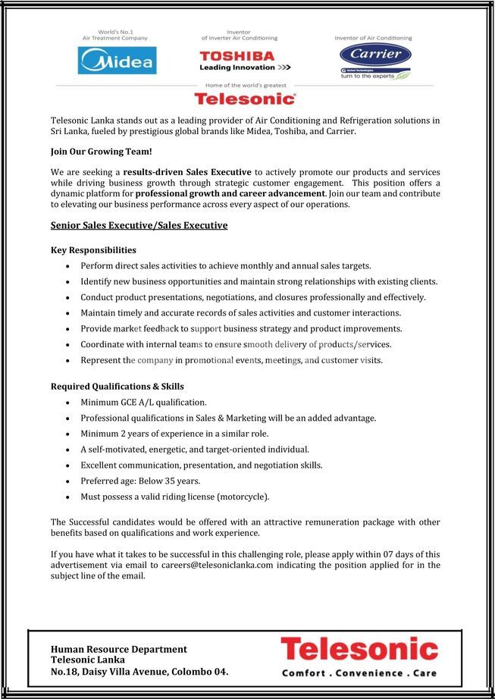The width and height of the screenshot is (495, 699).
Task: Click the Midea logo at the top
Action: pyautogui.click(x=117, y=61)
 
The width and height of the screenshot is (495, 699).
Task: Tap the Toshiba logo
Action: pyautogui.click(x=237, y=56)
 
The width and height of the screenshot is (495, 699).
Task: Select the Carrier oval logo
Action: pyautogui.click(x=375, y=55)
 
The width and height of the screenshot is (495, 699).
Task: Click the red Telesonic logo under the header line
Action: pyautogui.click(x=245, y=99)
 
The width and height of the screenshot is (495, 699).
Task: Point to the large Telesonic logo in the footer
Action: pyautogui.click(x=359, y=650)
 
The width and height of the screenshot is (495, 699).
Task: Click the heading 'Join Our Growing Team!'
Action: pyautogui.click(x=101, y=152)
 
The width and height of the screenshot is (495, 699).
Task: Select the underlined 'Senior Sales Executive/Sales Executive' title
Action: pyautogui.click(x=139, y=225)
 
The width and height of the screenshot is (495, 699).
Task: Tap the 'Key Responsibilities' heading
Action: pyautogui.click(x=93, y=249)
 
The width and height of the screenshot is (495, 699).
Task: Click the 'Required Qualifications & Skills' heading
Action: pyautogui.click(x=117, y=386)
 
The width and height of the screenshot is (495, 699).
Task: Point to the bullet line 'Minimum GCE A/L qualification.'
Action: pyautogui.click(x=143, y=402)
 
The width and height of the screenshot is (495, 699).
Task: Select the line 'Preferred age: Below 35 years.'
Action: pyautogui.click(x=140, y=481)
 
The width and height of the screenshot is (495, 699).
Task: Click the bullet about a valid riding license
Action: pyautogui.click(x=174, y=497)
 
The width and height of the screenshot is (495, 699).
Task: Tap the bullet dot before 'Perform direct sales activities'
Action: pyautogui.click(x=69, y=266)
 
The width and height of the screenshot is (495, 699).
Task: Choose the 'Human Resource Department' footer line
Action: pyautogui.click(x=118, y=649)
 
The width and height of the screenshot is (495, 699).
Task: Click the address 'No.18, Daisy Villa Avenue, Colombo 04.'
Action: pyautogui.click(x=139, y=671)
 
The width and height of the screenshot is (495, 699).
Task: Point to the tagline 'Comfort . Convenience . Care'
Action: pyautogui.click(x=359, y=672)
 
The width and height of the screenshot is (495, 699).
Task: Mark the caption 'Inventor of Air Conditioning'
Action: pyautogui.click(x=373, y=38)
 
